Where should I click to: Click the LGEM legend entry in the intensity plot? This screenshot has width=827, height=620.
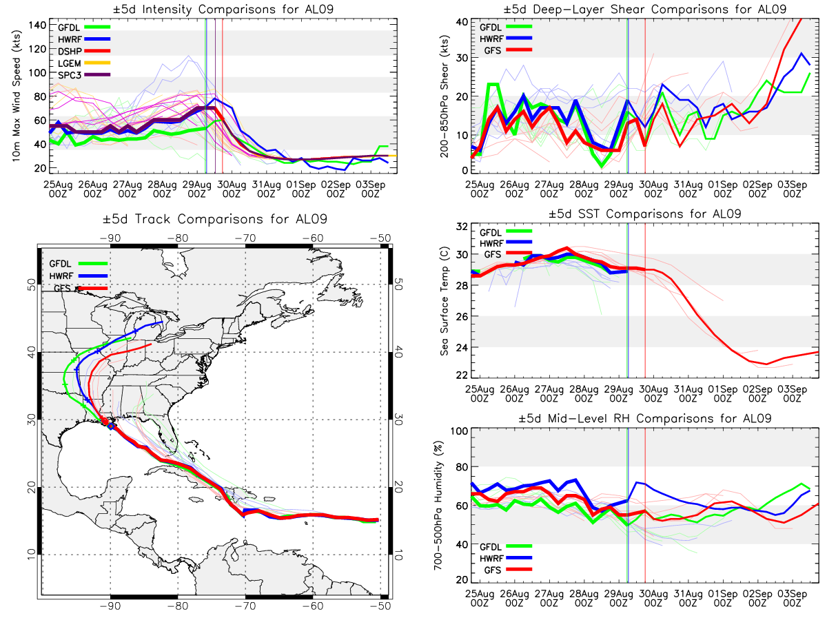click(83, 63)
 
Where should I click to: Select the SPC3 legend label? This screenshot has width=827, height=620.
click(70, 75)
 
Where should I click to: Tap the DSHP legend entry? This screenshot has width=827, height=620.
click(83, 51)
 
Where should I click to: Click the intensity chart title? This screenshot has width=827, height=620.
click(223, 9)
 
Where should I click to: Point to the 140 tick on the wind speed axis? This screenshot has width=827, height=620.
click(37, 25)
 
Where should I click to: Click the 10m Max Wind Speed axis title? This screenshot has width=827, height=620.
click(17, 96)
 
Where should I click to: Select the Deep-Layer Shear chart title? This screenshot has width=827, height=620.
click(644, 9)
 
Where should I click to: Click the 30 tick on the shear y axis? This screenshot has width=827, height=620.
click(462, 58)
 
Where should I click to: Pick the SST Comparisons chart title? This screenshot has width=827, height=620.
click(644, 214)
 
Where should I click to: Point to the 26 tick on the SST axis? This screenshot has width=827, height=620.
click(462, 317)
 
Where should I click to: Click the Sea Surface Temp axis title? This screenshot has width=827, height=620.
click(445, 301)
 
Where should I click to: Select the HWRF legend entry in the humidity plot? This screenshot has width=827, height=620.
click(506, 558)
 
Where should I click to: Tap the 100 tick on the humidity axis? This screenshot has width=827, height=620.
click(459, 431)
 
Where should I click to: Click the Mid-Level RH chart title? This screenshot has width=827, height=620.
click(644, 419)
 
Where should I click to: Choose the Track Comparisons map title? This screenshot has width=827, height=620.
click(215, 219)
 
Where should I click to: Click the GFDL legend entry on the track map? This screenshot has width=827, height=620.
click(79, 264)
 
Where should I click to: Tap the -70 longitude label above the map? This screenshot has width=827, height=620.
click(245, 238)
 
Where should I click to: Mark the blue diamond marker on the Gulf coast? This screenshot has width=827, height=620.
click(111, 426)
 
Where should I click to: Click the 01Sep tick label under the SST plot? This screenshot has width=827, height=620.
click(723, 393)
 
